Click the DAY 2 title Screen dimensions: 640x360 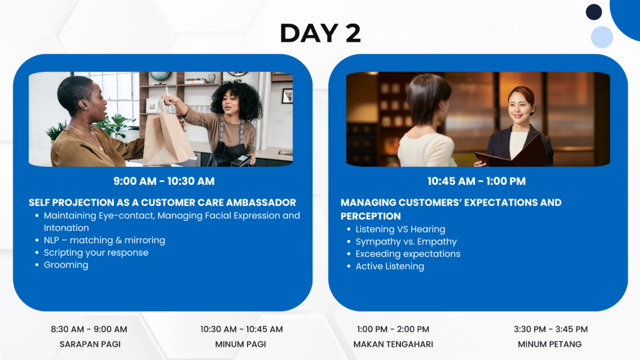pos(320,32)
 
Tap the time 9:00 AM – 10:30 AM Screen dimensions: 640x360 pos(164,181)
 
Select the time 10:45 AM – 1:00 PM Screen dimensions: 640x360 pos(476,181)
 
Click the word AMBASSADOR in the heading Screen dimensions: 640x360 pos(261,202)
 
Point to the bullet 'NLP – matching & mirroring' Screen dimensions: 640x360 pos(104,240)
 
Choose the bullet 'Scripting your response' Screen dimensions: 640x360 pos(96,252)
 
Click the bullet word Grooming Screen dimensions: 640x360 pos(66,265)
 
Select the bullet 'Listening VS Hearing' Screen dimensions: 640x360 pos(401,229)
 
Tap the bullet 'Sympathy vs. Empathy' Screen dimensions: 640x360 pos(406,242)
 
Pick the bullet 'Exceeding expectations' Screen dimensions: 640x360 pos(407,254)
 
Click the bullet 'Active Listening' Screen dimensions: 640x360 pos(390,266)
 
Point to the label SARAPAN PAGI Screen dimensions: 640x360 pos(90,344)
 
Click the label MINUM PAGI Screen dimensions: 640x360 pos(241,344)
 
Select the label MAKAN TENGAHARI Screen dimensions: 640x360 pos(393,344)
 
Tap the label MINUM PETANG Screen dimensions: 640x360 pos(550,344)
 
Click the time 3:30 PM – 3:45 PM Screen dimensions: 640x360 pos(551,329)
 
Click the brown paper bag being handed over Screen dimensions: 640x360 pos(167,139)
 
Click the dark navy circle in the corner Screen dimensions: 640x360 pos(594,12)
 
